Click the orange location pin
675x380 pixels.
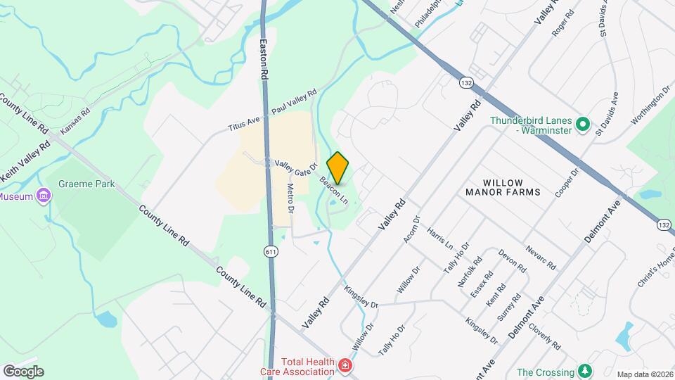click(338, 167)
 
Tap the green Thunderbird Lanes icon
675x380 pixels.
click(582, 125)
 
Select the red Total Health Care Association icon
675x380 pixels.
click(345, 365)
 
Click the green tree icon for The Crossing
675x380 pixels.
click(584, 371)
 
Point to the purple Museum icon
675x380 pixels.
click(44, 196)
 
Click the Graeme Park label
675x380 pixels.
click(86, 184)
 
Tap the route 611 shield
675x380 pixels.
click(271, 251)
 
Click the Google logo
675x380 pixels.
click(22, 371)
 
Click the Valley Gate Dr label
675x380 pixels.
click(296, 169)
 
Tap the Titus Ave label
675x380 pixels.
click(243, 125)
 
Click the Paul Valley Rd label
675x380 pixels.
click(294, 103)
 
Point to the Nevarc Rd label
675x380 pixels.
click(541, 258)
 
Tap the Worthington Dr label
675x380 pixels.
click(650, 106)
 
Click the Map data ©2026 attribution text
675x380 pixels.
click(644, 374)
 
